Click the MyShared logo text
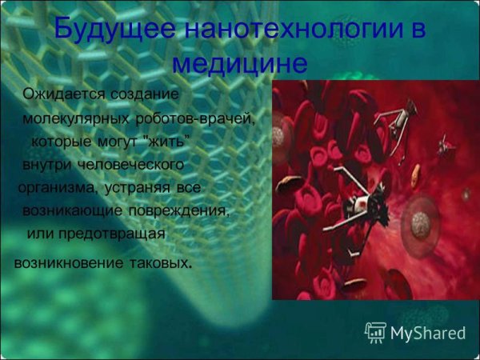pos(428,333)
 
